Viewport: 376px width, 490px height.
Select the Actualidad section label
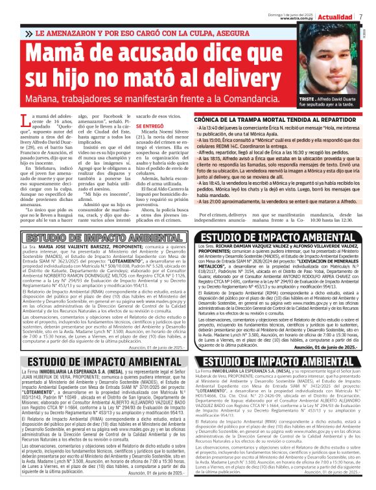pyautogui.click(x=336, y=14)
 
